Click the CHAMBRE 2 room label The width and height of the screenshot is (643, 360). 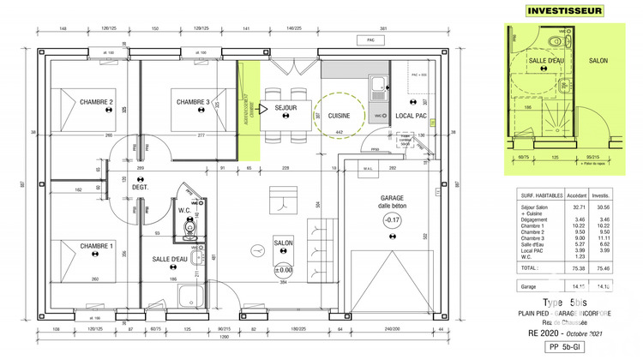click(97, 103)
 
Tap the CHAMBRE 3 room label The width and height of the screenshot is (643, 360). click(193, 103)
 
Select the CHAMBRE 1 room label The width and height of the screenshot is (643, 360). click(97, 247)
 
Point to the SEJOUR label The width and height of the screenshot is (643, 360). click(285, 109)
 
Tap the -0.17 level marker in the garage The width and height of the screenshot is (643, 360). click(392, 220)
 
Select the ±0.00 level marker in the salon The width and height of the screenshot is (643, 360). click(284, 271)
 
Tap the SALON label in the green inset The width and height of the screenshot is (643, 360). click(598, 62)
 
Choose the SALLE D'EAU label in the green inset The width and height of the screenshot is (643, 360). click(545, 62)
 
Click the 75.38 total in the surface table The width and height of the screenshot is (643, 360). click(579, 267)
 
